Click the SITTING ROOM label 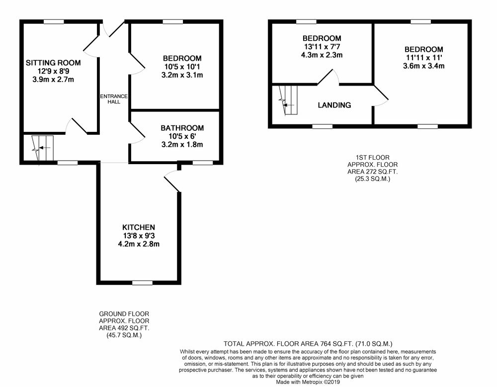click(53, 63)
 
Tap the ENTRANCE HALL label click(114, 99)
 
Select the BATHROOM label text click(182, 128)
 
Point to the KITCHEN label click(139, 227)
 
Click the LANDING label click(334, 105)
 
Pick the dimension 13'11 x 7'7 click(322, 47)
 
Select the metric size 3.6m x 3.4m click(424, 66)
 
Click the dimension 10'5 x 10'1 click(182, 67)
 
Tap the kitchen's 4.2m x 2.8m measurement click(139, 244)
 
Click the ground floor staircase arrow click(45, 148)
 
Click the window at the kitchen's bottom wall click(142, 283)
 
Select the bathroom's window click(203, 163)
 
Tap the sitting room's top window click(54, 21)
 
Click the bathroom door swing click(137, 133)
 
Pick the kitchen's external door click(172, 181)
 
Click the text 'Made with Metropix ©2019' click(308, 382)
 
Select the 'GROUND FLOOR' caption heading click(124, 314)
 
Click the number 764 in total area click(326, 344)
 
